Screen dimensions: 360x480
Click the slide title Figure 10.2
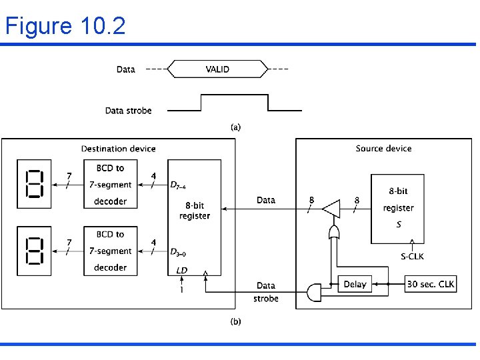(x=65, y=26)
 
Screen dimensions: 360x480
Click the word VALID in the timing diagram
(x=217, y=69)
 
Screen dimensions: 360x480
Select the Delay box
(x=355, y=284)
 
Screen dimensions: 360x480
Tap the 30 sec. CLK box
(x=431, y=284)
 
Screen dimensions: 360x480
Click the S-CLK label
(x=412, y=256)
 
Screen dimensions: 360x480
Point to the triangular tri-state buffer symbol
(x=330, y=210)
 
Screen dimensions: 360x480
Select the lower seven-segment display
(x=33, y=251)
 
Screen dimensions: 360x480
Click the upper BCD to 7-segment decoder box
(x=110, y=184)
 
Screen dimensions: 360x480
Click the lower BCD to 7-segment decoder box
(x=110, y=251)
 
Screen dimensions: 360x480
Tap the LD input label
(x=182, y=270)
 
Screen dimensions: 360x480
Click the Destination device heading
(x=118, y=149)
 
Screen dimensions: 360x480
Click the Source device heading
(x=383, y=149)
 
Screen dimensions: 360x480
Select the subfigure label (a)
(x=235, y=127)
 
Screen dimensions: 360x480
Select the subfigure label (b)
(x=235, y=321)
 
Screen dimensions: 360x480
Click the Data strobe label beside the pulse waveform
(x=128, y=111)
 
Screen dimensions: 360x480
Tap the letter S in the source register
(x=399, y=225)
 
